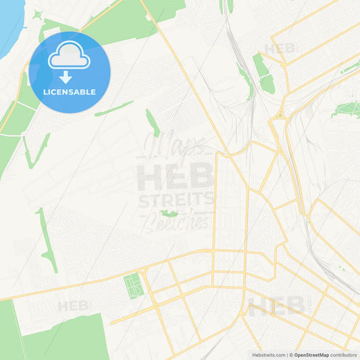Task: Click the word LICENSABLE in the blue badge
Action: pyautogui.click(x=70, y=92)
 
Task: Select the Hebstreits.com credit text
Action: pyautogui.click(x=266, y=355)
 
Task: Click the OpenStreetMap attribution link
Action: pyautogui.click(x=310, y=355)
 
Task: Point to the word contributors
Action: pyautogui.click(x=344, y=355)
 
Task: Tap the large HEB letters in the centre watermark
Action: pyautogui.click(x=176, y=177)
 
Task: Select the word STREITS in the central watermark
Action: pyautogui.click(x=176, y=200)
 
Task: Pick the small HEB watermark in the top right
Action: pyautogui.click(x=280, y=49)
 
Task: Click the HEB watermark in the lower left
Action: pyautogui.click(x=73, y=306)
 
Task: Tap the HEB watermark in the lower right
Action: pyautogui.click(x=276, y=306)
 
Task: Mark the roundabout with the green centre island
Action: pyautogui.click(x=143, y=272)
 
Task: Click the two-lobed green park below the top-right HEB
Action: pyautogui.click(x=263, y=74)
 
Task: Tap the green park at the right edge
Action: pyautogui.click(x=348, y=108)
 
